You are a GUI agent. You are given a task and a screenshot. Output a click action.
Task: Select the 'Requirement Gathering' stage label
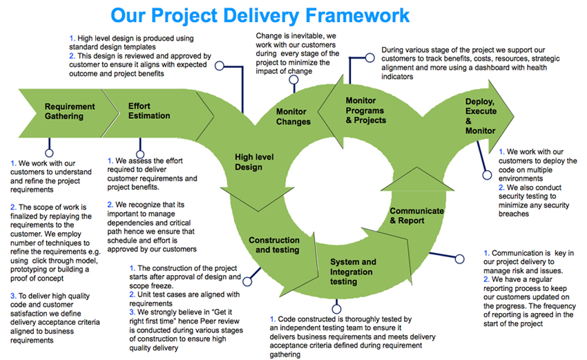coord(69,111)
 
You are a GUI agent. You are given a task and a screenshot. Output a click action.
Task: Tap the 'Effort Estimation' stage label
coord(149,111)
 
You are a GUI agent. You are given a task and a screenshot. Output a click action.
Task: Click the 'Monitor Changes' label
coord(293,117)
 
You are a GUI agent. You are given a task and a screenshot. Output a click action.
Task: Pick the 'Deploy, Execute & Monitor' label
coord(480,116)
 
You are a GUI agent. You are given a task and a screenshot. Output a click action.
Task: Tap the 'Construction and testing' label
coord(274,245)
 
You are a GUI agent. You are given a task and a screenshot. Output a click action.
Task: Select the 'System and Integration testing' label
coord(353,272)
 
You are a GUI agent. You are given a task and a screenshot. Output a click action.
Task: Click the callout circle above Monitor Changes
coord(293,79)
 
